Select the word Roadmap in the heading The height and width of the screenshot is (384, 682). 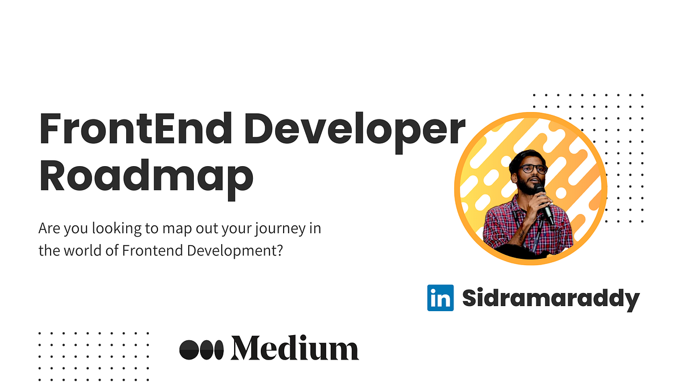tap(145, 176)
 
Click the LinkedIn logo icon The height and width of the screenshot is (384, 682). tap(440, 298)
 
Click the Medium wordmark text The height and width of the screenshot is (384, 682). tap(294, 348)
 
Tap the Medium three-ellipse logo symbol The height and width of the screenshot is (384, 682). tap(202, 349)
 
